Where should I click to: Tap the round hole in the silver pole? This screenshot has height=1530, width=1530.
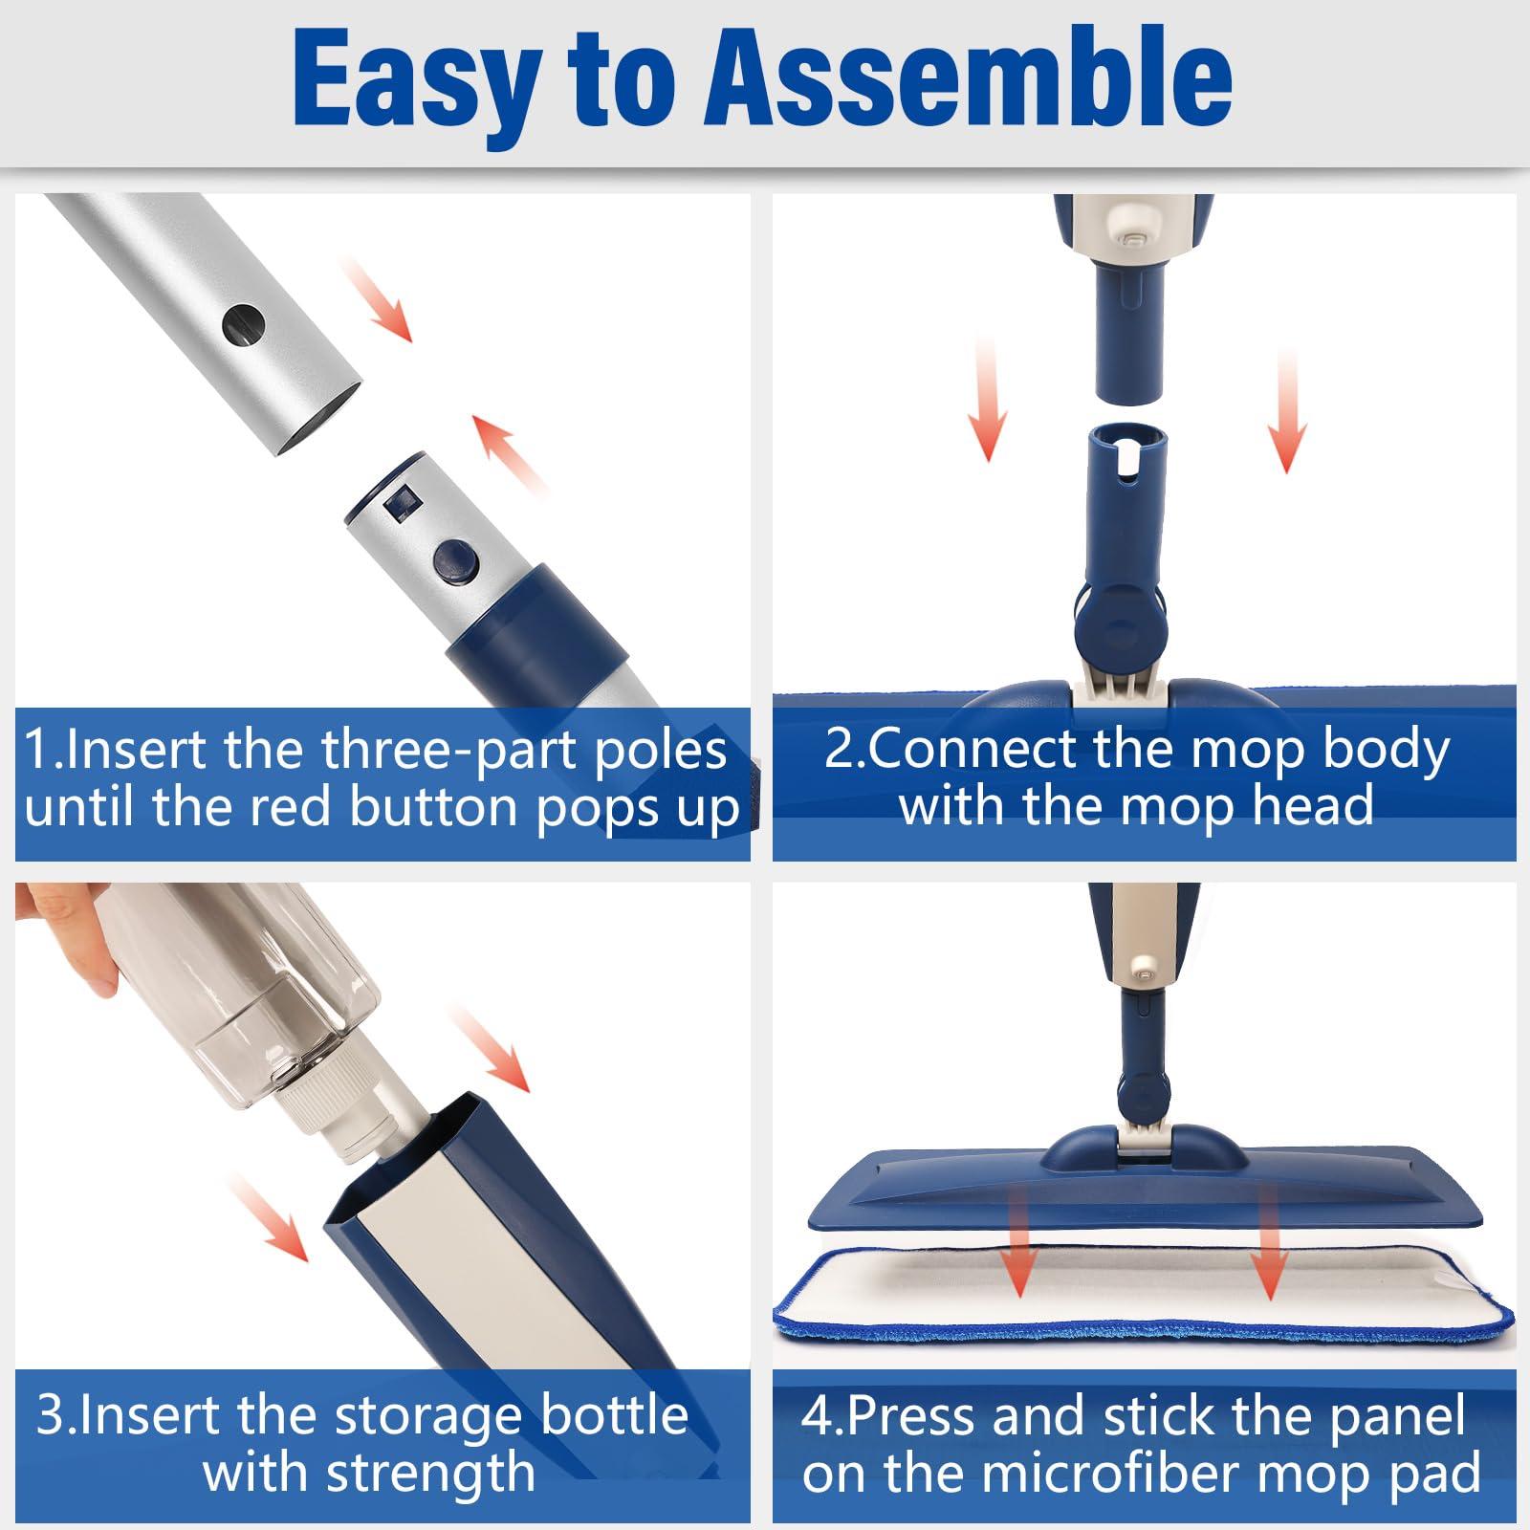pyautogui.click(x=243, y=326)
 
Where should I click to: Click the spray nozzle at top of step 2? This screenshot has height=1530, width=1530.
pyautogui.click(x=1132, y=230)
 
